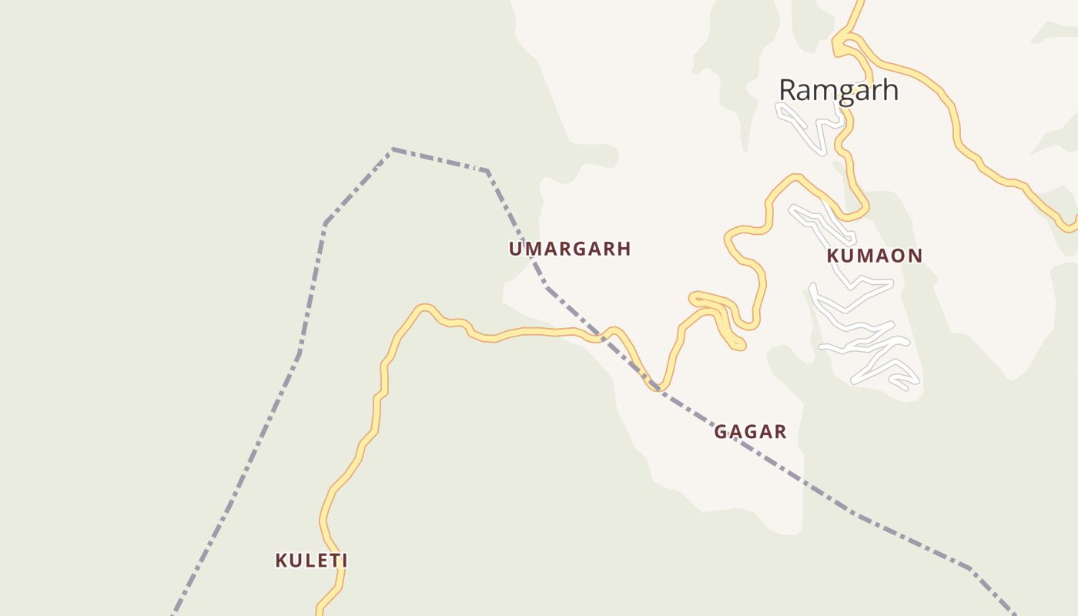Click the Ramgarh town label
click(x=838, y=90)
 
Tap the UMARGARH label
click(x=569, y=249)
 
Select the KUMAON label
click(x=874, y=256)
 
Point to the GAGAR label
click(x=750, y=431)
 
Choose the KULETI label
click(x=311, y=561)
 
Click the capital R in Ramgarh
click(x=787, y=90)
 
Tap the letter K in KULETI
click(x=281, y=561)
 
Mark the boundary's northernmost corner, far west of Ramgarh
click(x=393, y=149)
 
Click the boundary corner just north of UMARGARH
click(x=487, y=171)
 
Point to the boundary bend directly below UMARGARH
click(x=546, y=287)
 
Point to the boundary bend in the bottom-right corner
click(x=970, y=569)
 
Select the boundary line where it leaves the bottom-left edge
click(x=173, y=614)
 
